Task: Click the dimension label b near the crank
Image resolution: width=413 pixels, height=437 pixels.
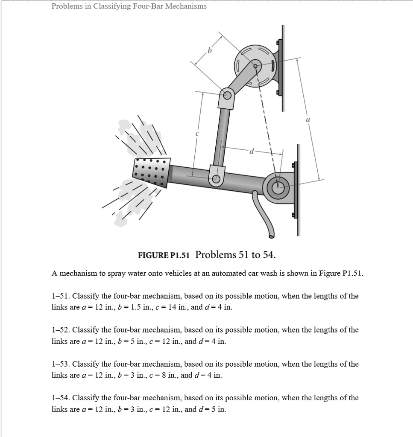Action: point(209,52)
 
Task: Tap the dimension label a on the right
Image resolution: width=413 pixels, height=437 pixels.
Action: point(308,121)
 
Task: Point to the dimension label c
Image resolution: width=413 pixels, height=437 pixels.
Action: point(197,134)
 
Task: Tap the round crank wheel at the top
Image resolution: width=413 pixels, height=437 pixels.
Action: point(255,65)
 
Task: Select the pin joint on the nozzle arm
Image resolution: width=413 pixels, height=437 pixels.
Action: point(217,179)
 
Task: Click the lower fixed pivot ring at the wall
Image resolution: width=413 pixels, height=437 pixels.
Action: point(278,185)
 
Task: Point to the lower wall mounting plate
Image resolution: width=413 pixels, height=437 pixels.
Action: point(298,190)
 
